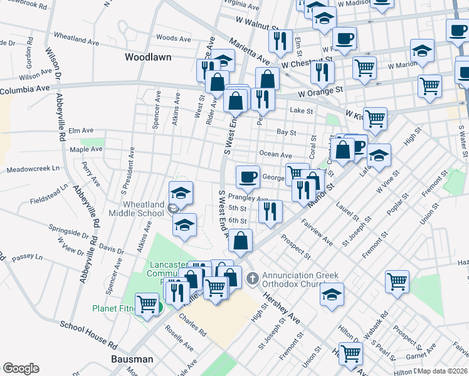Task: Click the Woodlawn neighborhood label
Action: (148, 56)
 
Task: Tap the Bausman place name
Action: (132, 359)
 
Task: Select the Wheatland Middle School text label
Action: (135, 209)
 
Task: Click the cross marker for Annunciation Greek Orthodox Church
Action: (252, 278)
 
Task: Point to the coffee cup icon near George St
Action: (248, 177)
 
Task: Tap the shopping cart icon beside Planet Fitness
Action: (147, 305)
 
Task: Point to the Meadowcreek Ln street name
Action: (33, 169)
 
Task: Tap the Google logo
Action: (21, 368)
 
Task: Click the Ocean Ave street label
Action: (276, 155)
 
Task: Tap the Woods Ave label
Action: (174, 39)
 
